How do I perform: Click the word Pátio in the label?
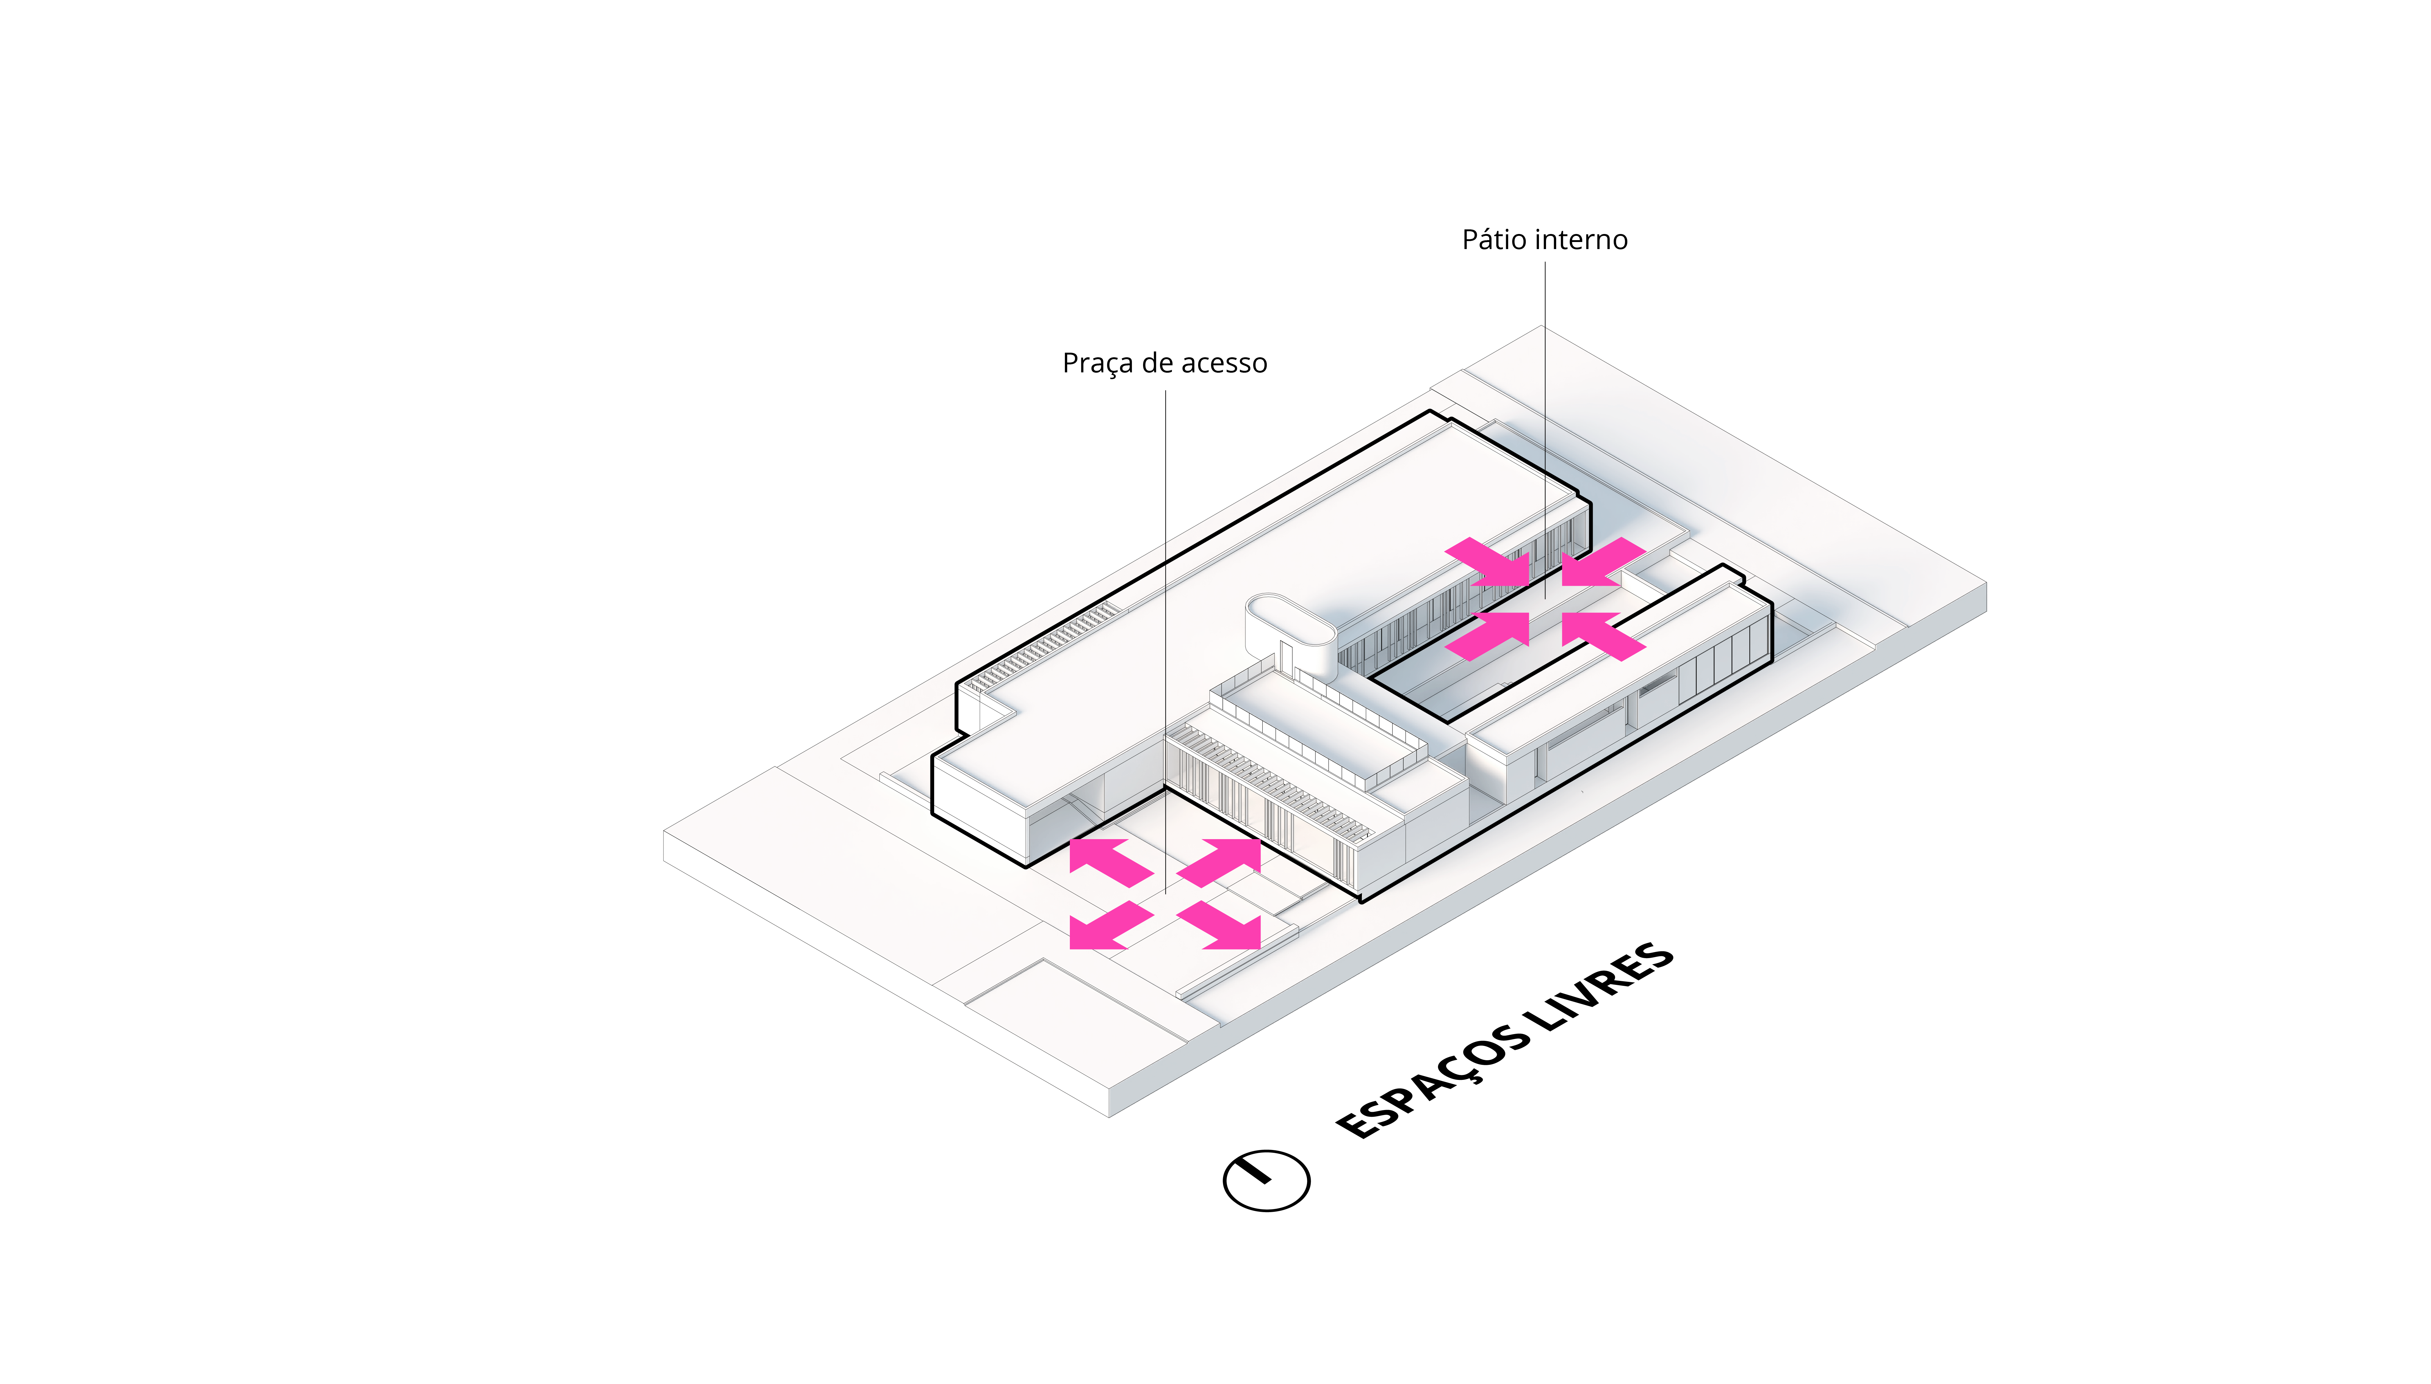[x=1490, y=240]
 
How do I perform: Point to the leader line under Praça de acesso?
[x=1166, y=570]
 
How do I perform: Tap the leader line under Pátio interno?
[x=1544, y=399]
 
